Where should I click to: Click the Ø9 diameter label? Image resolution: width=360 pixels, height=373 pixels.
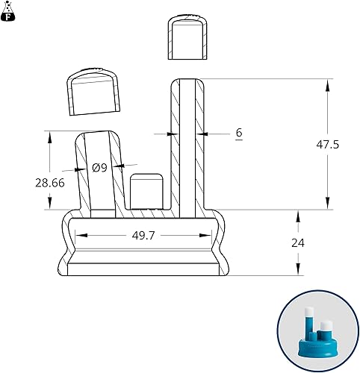(x=100, y=168)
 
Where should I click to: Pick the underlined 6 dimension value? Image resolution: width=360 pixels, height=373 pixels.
(x=238, y=133)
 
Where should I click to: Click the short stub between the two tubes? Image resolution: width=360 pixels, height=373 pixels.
(x=147, y=192)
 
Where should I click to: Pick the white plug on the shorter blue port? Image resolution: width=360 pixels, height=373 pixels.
(x=326, y=325)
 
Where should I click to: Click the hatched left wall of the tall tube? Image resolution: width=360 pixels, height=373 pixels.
(x=177, y=142)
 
